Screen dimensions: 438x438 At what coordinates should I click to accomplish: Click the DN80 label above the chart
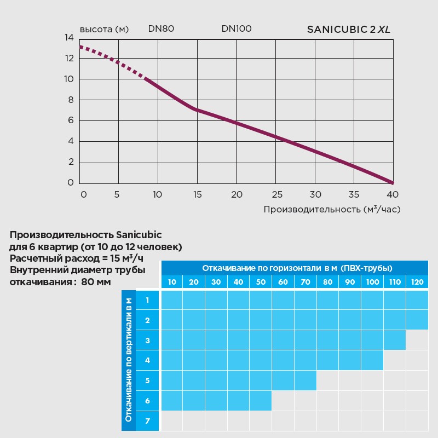[161, 29]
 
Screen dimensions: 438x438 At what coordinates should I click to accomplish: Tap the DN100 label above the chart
[237, 29]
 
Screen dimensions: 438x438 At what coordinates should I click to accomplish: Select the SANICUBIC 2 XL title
[349, 30]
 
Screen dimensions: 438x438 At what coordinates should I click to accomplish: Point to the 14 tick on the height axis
[69, 38]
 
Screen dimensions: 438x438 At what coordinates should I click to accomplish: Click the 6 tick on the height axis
[71, 120]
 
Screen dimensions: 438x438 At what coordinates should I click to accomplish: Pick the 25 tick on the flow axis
[277, 194]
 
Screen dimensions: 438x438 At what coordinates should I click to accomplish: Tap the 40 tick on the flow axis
[392, 194]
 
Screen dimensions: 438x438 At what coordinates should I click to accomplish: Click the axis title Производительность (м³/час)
[332, 210]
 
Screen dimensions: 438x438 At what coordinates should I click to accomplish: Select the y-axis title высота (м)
[104, 30]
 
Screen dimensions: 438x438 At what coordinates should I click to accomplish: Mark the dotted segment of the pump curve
[112, 60]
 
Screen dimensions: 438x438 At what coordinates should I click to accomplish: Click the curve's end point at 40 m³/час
[392, 182]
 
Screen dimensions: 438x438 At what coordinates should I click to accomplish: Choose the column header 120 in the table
[417, 282]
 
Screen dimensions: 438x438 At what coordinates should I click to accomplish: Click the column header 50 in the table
[261, 282]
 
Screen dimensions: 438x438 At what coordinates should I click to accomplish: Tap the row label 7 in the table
[147, 421]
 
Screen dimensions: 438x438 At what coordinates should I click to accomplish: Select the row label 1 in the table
[147, 300]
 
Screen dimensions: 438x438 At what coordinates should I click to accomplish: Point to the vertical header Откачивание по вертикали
[129, 360]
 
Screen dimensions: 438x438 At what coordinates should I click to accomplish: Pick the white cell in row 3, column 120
[417, 340]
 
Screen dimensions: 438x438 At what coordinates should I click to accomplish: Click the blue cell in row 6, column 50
[261, 401]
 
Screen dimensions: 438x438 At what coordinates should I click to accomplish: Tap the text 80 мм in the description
[96, 283]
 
